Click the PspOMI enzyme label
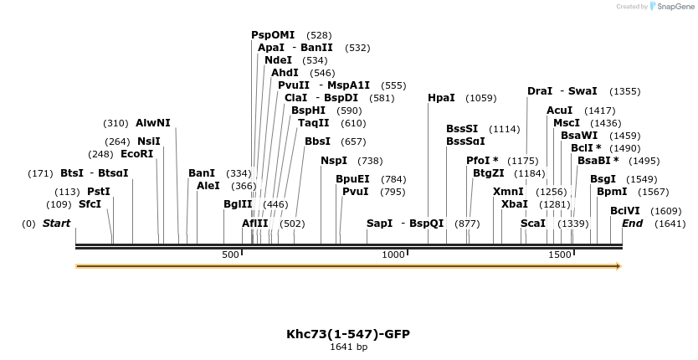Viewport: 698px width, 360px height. pos(273,35)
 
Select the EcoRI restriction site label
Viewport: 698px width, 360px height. pos(137,154)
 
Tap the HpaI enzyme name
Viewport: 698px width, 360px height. pos(441,98)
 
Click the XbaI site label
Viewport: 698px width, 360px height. pos(515,204)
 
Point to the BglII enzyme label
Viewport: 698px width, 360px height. pos(238,204)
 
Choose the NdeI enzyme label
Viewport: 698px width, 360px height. pos(278,60)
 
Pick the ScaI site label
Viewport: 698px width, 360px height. pos(533,224)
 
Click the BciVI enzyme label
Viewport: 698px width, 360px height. pos(625,211)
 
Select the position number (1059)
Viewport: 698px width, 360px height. pos(481,98)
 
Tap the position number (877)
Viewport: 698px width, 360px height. pos(467,224)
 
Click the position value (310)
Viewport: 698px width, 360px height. pos(116,123)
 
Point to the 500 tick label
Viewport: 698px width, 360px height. pos(231,255)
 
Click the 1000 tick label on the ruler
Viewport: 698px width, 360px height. pos(393,255)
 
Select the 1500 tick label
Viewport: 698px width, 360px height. pos(559,255)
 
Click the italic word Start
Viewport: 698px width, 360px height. pos(56,224)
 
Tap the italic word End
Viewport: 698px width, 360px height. pos(632,224)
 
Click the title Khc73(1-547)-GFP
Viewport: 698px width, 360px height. pos(348,334)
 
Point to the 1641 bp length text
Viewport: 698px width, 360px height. pos(348,347)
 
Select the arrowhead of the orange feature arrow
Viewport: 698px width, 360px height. pos(618,266)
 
